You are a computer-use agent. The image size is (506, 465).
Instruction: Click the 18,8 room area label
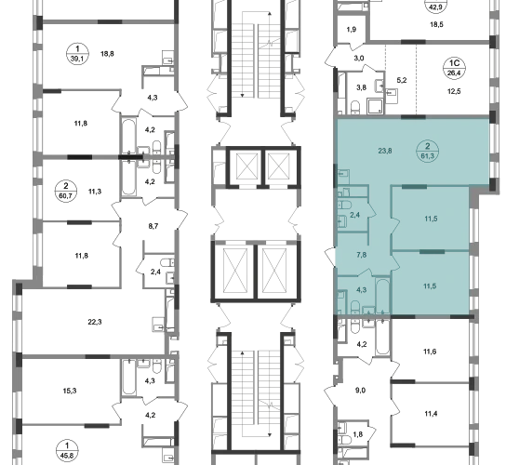107,54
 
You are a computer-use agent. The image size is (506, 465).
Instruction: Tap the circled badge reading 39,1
77,54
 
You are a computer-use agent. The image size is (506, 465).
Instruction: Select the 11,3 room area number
95,192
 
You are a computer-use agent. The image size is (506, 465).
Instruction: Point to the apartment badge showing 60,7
66,192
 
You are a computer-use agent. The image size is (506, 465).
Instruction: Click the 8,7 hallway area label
153,226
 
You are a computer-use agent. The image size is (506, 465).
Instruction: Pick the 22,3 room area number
95,322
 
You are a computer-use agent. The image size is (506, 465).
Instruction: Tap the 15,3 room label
70,391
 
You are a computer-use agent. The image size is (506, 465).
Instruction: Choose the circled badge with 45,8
67,451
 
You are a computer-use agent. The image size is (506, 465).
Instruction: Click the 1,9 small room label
352,30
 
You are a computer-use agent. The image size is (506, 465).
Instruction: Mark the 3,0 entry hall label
359,58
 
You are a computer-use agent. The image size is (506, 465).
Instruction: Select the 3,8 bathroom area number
361,87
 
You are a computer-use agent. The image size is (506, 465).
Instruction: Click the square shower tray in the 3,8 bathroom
375,107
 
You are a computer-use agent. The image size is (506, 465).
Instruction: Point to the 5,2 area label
402,80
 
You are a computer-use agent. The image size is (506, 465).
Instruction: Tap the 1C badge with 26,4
454,68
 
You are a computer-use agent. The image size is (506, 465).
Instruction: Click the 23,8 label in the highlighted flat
385,151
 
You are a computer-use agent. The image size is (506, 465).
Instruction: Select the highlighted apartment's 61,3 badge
428,152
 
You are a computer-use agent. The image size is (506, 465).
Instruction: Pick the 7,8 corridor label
362,255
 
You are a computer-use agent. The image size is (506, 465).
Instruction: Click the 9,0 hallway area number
361,391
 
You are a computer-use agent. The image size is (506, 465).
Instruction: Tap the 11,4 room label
430,413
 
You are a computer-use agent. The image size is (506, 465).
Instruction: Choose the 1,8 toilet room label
358,434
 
